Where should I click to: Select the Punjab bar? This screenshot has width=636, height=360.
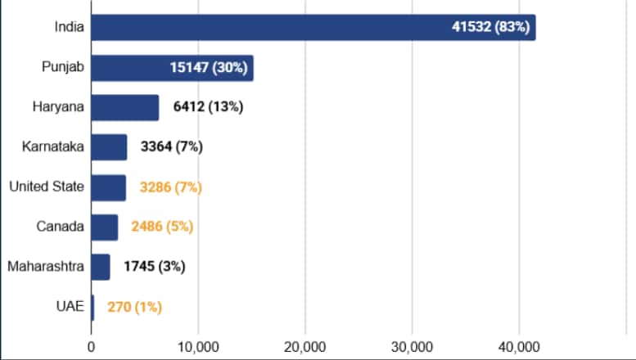point(172,68)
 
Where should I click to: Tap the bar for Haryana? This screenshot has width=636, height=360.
point(124,107)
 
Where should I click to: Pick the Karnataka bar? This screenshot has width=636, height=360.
point(109,147)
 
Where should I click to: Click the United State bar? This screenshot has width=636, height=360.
point(108,187)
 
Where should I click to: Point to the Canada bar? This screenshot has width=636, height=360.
point(104,227)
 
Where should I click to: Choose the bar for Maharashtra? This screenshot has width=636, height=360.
point(100,267)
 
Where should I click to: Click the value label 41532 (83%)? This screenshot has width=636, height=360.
point(491,27)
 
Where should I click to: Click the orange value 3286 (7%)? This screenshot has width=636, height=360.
point(170,187)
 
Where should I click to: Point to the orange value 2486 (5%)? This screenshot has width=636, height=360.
point(162,227)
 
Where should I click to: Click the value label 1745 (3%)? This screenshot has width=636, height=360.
point(154,267)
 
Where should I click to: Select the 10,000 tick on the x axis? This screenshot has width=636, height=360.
point(198,345)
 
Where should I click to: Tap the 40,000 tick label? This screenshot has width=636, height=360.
point(519,345)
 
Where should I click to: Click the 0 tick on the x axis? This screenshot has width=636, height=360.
point(91,345)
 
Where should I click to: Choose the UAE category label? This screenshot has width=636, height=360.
point(70,308)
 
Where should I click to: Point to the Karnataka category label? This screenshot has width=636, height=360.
point(54,147)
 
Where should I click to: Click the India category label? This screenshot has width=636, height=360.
point(68,27)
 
